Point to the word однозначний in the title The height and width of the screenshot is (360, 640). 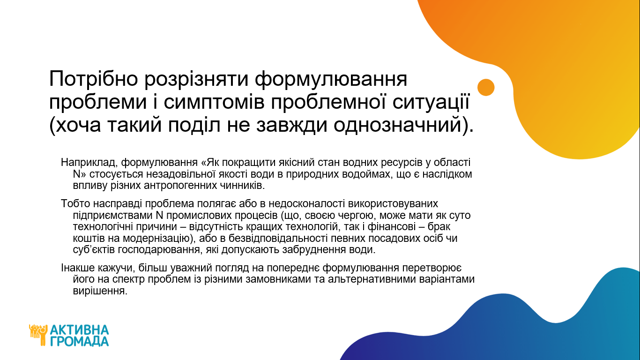[397, 126]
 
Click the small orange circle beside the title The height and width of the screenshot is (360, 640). [486, 87]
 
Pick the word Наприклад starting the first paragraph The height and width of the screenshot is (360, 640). [89, 163]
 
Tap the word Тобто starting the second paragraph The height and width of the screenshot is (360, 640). [75, 203]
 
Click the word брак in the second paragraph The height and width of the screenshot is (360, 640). [439, 227]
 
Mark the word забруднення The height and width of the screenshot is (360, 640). [314, 250]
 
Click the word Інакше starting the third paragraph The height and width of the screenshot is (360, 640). [78, 268]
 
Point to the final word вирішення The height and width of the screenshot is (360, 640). [100, 291]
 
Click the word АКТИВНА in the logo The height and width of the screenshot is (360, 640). [80, 330]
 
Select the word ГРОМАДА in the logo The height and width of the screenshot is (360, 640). [80, 341]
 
